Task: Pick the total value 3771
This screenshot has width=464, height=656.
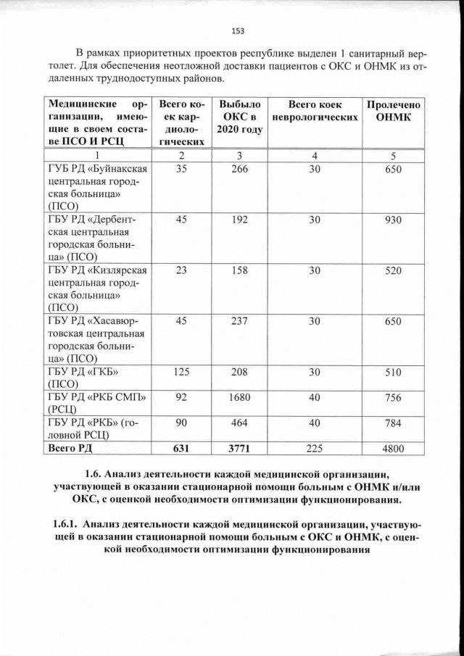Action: (x=236, y=449)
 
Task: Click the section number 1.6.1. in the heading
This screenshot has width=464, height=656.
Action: (x=62, y=523)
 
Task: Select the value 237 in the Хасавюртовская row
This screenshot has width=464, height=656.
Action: (x=236, y=321)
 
